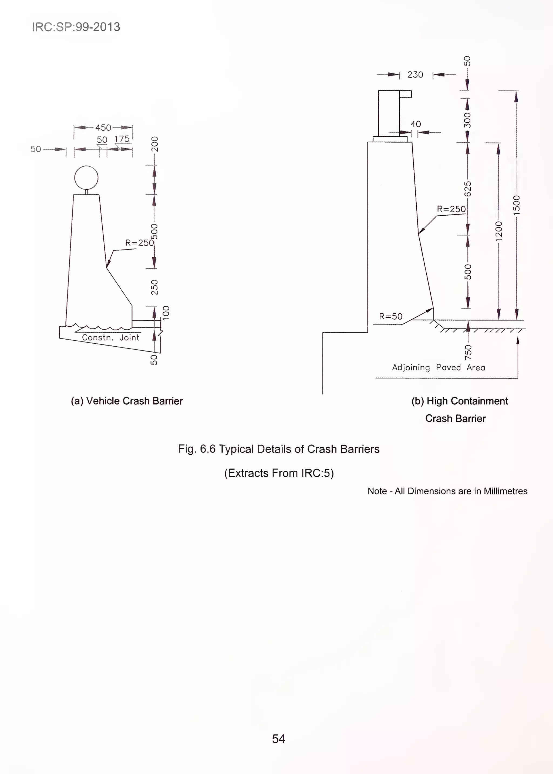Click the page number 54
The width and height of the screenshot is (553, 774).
click(x=279, y=739)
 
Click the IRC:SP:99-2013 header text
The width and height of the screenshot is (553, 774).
click(x=76, y=27)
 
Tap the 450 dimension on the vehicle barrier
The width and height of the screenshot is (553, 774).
click(x=103, y=128)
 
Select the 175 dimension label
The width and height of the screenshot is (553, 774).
click(x=122, y=139)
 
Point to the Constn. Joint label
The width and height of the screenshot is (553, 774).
click(x=111, y=338)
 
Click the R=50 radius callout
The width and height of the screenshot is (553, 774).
click(x=391, y=316)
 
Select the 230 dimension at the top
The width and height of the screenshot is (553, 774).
click(x=415, y=75)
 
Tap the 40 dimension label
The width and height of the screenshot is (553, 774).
click(x=416, y=124)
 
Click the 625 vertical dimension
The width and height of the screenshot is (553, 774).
click(x=468, y=189)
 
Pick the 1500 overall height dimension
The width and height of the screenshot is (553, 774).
click(x=517, y=205)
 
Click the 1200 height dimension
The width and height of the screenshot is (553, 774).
click(x=499, y=231)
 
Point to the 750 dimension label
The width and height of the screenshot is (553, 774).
click(x=468, y=352)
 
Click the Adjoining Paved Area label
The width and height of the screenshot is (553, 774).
click(x=439, y=368)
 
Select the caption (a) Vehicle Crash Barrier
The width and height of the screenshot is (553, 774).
click(x=127, y=401)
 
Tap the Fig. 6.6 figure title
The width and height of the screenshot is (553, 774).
click(x=279, y=449)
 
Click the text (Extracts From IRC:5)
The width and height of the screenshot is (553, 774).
click(x=279, y=473)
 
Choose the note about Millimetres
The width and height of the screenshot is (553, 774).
click(x=447, y=491)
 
